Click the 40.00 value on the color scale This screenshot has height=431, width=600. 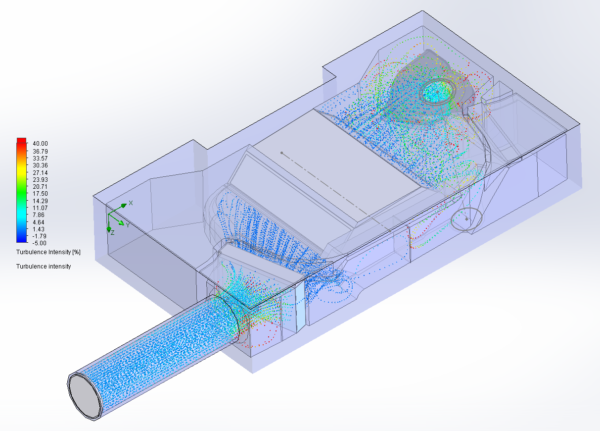(x=40, y=144)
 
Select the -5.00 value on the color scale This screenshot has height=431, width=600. (x=40, y=243)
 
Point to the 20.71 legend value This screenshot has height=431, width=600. (x=40, y=187)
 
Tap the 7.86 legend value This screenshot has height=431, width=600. (x=39, y=215)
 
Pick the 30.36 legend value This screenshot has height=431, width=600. (x=40, y=165)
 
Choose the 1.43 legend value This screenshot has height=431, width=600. (x=39, y=229)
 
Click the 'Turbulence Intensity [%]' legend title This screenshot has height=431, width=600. (x=48, y=252)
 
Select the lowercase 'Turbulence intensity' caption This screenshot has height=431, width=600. (x=44, y=267)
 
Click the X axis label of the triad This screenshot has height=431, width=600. (x=131, y=203)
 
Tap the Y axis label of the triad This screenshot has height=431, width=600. (x=128, y=225)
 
